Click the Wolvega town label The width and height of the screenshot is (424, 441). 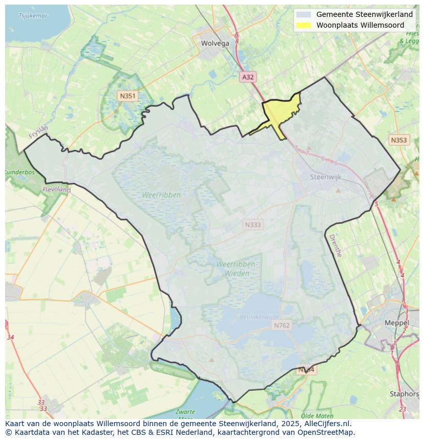pos(215,44)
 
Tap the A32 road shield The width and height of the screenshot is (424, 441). pos(248,77)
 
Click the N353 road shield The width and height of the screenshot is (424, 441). pos(398,140)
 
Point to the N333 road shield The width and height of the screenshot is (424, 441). pos(253,225)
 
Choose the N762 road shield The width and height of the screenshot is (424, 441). pos(282,325)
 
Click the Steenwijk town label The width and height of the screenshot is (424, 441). pos(326,177)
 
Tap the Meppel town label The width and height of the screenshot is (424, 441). pos(397,323)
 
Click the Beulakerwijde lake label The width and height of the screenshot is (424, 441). pos(260,317)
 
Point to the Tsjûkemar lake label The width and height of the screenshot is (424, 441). pos(33,16)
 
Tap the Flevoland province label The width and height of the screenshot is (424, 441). pos(57,190)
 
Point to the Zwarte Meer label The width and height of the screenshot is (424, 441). pos(185,414)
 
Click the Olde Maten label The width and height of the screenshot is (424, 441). pos(317,416)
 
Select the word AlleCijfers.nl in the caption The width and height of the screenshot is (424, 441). pos(326,424)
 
